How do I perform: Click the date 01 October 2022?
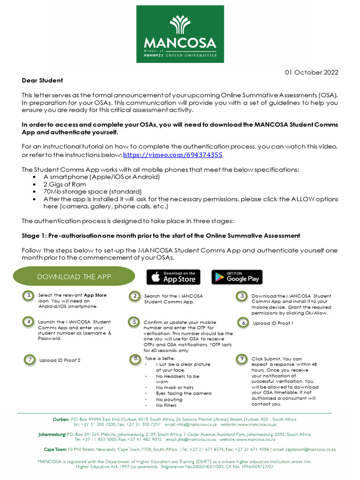click(312, 72)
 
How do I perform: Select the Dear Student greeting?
click(42, 81)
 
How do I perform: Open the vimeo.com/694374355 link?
click(172, 155)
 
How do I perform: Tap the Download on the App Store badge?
click(173, 277)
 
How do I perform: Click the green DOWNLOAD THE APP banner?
click(74, 277)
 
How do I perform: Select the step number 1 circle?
click(29, 295)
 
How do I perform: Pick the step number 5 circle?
click(135, 322)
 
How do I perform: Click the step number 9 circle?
click(242, 359)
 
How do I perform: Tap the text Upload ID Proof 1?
click(273, 323)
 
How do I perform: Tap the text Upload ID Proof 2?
click(60, 360)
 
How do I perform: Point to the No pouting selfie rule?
click(170, 399)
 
